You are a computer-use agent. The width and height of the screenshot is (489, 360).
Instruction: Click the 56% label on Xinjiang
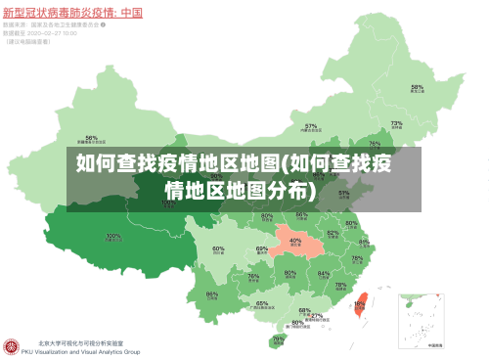(x=92, y=138)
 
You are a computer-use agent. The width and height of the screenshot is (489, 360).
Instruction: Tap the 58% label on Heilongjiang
(x=417, y=87)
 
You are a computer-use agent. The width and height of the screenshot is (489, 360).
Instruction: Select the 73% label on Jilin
(x=396, y=124)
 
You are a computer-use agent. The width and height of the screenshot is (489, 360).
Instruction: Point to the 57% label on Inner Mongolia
(x=311, y=126)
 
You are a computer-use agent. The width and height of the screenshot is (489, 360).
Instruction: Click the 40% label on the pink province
(x=295, y=241)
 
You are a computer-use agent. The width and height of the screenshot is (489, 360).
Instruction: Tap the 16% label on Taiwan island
(x=360, y=304)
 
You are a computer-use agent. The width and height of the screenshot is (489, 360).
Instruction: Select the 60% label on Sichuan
(x=218, y=249)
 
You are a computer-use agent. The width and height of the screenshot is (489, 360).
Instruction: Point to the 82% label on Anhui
(x=333, y=233)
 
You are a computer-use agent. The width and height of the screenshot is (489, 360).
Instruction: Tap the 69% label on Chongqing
(x=262, y=249)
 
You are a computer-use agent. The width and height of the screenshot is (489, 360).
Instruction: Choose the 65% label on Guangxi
(x=262, y=303)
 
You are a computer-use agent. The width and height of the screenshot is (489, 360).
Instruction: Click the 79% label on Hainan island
(x=278, y=339)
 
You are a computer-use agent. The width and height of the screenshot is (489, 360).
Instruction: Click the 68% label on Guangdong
(x=305, y=310)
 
